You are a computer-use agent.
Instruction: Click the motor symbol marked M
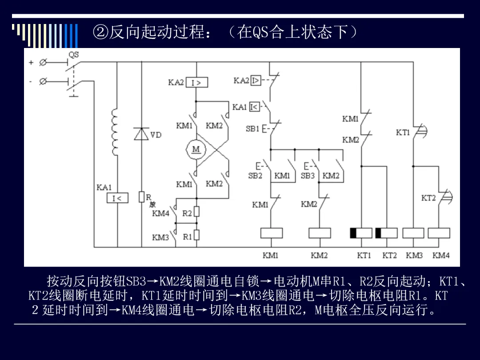click(196, 149)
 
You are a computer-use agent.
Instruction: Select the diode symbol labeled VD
click(141, 134)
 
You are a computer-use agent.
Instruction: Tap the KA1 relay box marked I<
click(117, 198)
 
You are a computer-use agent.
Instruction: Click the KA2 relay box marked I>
click(197, 82)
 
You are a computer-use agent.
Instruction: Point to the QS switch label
click(73, 55)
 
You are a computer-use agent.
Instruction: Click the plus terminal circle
click(43, 63)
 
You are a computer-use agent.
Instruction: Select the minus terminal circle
click(43, 81)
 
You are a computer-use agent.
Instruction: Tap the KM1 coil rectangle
click(271, 233)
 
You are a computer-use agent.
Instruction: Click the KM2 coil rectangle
click(320, 233)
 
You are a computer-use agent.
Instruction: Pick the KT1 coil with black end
click(361, 233)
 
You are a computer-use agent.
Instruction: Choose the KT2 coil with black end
click(387, 233)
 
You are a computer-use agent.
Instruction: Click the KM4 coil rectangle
click(439, 233)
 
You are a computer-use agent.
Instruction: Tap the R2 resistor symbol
click(197, 212)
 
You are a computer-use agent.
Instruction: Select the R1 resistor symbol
click(197, 235)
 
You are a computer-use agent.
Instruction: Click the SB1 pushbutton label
click(252, 129)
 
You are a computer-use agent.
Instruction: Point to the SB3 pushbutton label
click(308, 176)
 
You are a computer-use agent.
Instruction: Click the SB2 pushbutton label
click(255, 176)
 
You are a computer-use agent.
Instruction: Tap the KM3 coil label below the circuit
click(414, 255)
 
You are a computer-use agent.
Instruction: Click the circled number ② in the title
click(101, 32)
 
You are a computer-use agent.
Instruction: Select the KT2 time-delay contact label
click(428, 198)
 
